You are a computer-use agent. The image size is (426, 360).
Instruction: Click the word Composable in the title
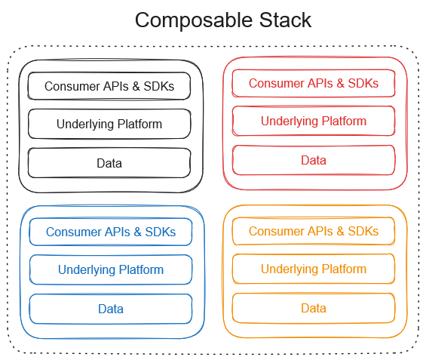pyautogui.click(x=194, y=20)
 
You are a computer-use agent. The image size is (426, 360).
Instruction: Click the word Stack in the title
pyautogui.click(x=285, y=20)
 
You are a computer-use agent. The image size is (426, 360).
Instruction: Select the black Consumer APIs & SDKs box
pyautogui.click(x=109, y=86)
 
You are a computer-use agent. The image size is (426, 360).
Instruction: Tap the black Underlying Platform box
pyautogui.click(x=109, y=124)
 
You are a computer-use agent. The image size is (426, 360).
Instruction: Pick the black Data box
pyautogui.click(x=109, y=163)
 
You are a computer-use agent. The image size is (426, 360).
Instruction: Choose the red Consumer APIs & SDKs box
pyautogui.click(x=314, y=83)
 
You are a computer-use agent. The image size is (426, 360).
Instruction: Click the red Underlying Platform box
pyautogui.click(x=314, y=121)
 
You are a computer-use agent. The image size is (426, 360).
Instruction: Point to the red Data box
pyautogui.click(x=314, y=160)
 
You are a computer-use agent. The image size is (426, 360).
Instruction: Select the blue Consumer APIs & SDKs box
pyautogui.click(x=111, y=232)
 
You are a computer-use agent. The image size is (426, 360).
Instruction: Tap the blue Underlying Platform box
pyautogui.click(x=111, y=269)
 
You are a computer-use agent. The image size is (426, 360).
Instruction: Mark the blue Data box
pyautogui.click(x=111, y=309)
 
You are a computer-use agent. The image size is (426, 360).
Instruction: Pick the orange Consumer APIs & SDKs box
pyautogui.click(x=314, y=231)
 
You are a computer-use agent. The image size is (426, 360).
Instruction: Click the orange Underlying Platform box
pyautogui.click(x=314, y=269)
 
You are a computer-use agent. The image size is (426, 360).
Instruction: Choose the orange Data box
pyautogui.click(x=314, y=308)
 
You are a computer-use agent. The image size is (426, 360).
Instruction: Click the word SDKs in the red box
pyautogui.click(x=363, y=83)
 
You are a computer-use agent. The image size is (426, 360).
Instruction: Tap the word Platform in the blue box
pyautogui.click(x=141, y=269)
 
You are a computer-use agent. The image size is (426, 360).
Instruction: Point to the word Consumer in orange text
pyautogui.click(x=276, y=231)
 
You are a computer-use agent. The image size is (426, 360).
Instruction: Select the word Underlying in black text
pyautogui.click(x=85, y=125)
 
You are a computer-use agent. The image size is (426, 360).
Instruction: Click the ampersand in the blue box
pyautogui.click(x=138, y=232)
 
